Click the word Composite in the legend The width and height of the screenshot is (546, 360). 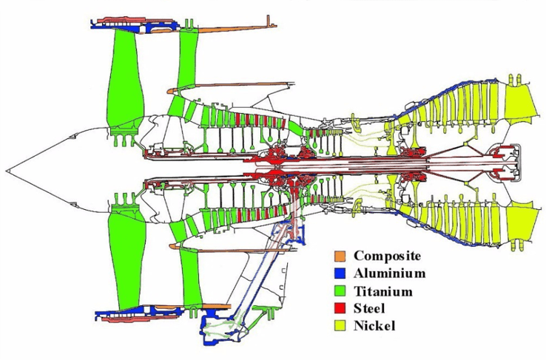(387, 256)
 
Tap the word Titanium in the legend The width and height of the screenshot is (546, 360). (382, 291)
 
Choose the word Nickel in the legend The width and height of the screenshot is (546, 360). (374, 325)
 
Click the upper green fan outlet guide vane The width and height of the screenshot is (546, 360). (190, 63)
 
